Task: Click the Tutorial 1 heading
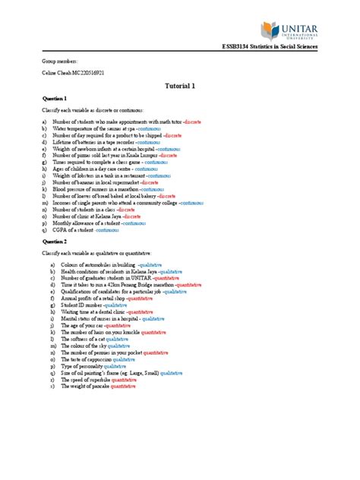(180, 86)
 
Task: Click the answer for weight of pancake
(123, 387)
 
